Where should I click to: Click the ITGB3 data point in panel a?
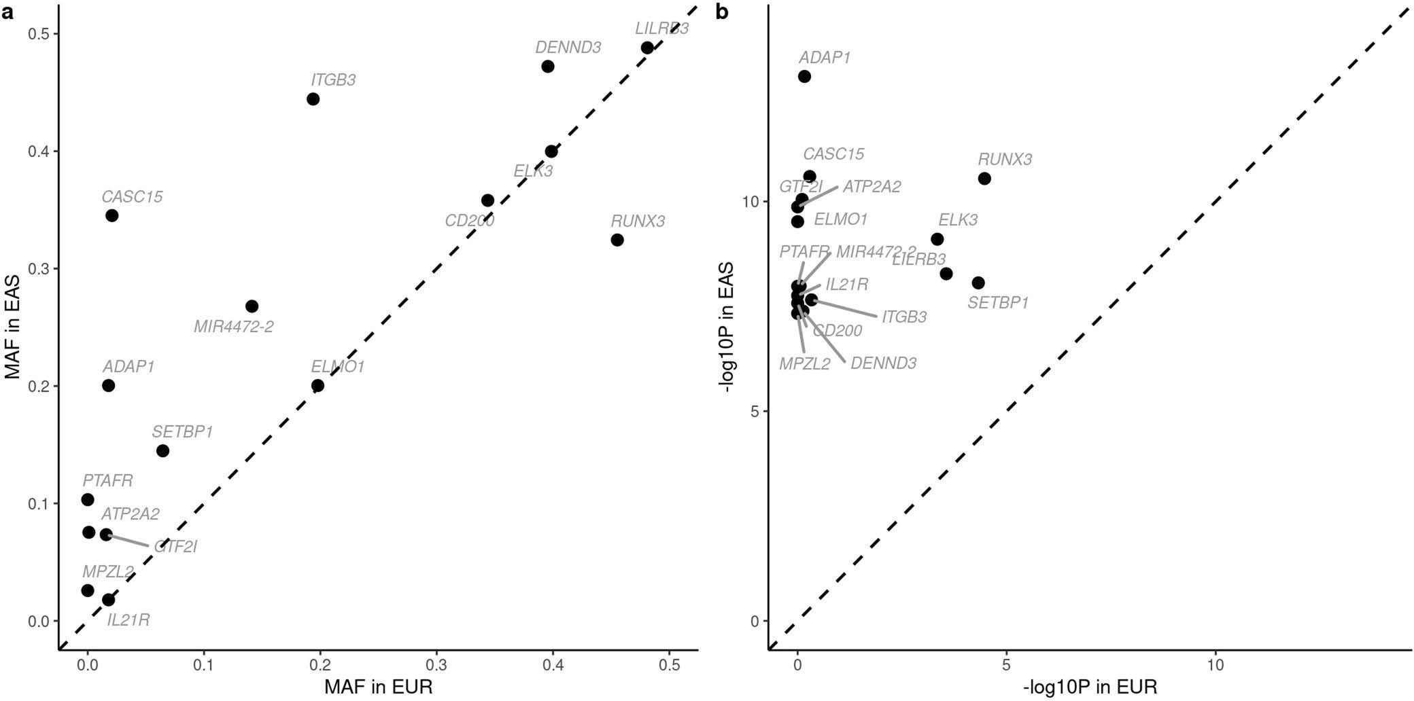coord(313,99)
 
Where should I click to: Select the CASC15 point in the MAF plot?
coord(112,216)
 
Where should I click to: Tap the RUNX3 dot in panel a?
coord(617,240)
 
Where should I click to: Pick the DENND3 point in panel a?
coord(548,67)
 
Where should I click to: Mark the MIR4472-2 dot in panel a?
coord(252,306)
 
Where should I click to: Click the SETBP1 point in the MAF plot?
coord(162,451)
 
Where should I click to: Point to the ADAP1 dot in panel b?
coord(804,77)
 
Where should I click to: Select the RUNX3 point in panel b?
coord(984,179)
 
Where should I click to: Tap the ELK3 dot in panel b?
coord(937,239)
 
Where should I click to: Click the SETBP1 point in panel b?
coord(978,283)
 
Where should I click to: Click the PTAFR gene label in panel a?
coord(107,481)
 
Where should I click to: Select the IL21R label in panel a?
coord(128,620)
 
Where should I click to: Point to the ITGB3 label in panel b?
coord(904,317)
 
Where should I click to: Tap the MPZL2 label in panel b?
coord(805,364)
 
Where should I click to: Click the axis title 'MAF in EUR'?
coord(379,687)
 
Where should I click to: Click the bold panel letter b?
coord(722,13)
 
